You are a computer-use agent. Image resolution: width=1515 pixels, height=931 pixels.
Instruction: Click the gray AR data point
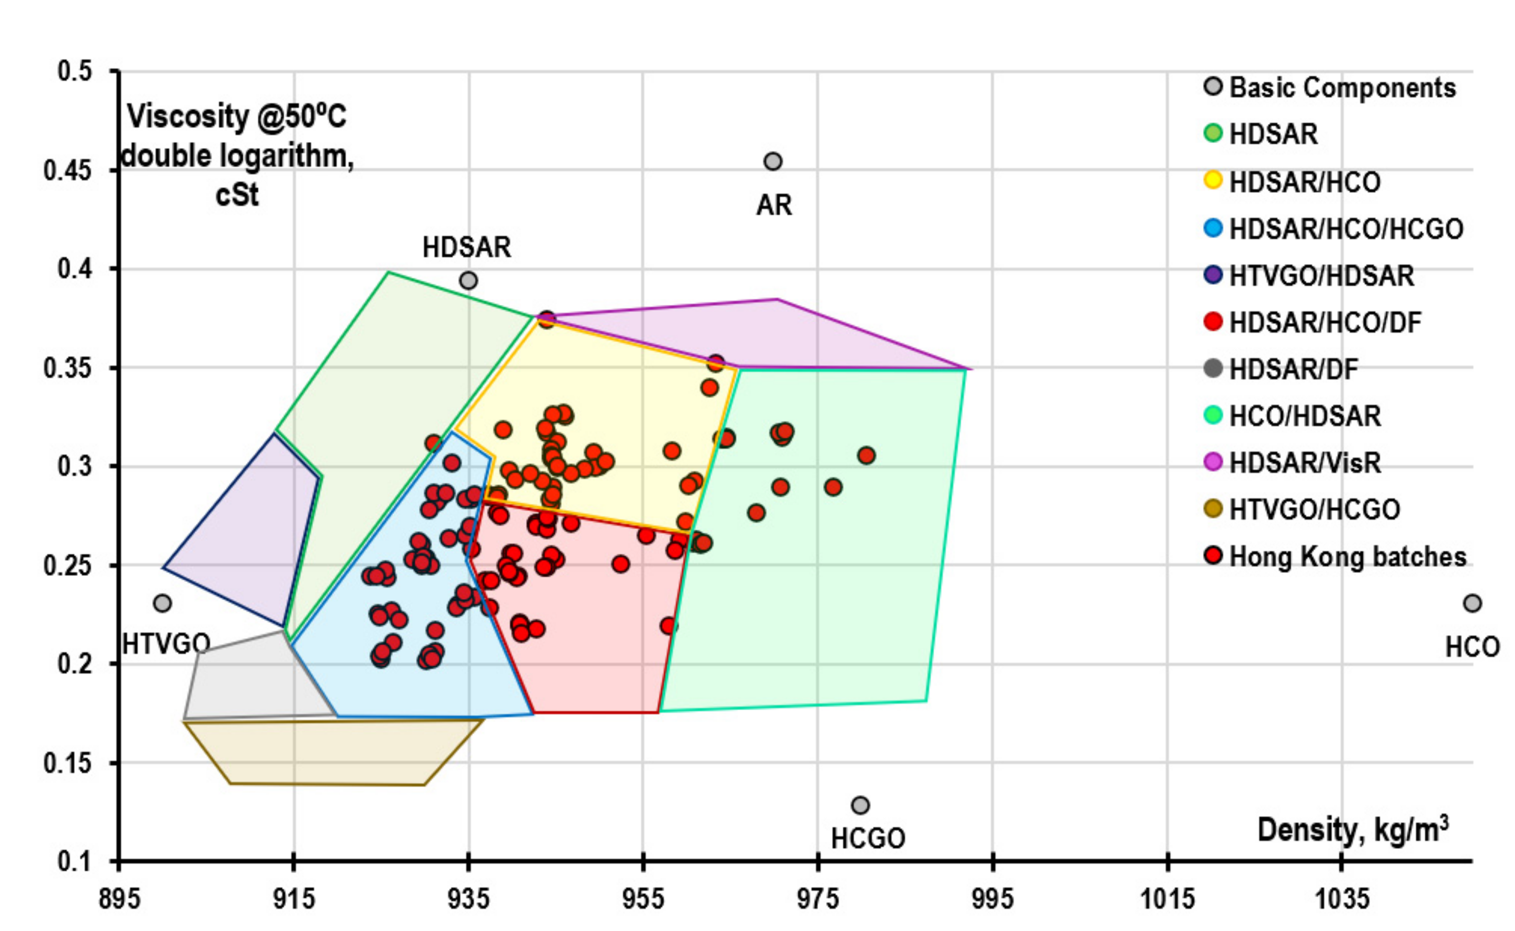coord(772,161)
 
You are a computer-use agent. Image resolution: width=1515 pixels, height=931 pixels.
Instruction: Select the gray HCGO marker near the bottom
coord(860,805)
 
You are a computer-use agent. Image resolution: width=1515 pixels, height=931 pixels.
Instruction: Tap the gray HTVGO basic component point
coord(162,603)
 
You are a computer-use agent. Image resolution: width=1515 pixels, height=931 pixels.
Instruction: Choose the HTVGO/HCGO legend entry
coord(1314,509)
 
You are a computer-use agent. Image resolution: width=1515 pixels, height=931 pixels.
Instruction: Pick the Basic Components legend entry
coord(1342,87)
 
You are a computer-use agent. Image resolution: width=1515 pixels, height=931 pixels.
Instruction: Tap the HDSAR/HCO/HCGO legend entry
coord(1345,229)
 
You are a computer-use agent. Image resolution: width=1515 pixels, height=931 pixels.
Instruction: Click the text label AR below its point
coord(774,204)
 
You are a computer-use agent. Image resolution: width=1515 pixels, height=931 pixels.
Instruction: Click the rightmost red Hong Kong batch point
coord(866,456)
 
